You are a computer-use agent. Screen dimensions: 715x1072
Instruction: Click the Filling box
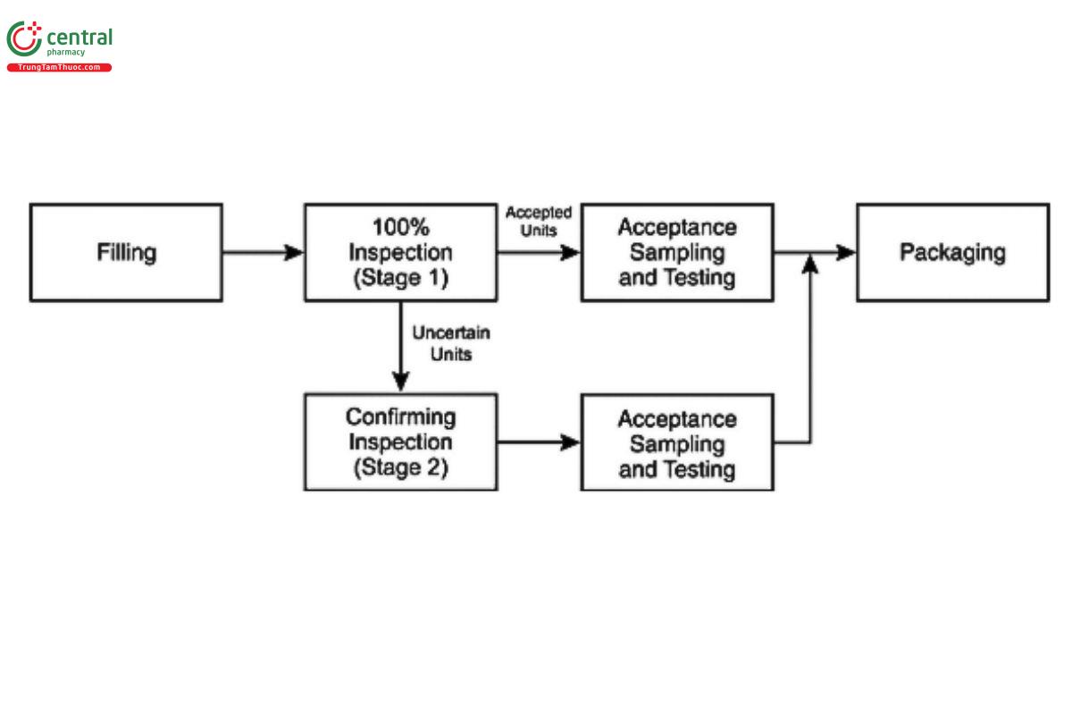click(126, 253)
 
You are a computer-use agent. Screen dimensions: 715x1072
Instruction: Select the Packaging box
click(952, 253)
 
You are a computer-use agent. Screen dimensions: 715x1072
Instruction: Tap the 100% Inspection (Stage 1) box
click(400, 253)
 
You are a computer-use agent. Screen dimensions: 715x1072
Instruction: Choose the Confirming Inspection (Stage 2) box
click(400, 442)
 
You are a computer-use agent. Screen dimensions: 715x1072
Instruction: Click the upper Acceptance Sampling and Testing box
click(676, 253)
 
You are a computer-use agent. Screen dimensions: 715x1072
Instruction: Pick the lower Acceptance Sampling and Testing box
click(676, 444)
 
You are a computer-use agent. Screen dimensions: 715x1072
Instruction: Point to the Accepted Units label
click(539, 221)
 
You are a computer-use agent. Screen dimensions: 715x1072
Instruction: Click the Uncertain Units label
click(450, 343)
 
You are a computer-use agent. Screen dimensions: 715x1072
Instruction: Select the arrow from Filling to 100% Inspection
click(263, 253)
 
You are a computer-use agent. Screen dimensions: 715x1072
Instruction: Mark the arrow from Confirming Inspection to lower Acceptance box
click(539, 442)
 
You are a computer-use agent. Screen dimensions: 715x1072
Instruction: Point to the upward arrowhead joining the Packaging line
click(809, 262)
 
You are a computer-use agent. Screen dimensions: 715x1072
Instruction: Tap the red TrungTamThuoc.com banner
click(59, 68)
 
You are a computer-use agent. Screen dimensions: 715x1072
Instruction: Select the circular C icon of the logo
click(23, 39)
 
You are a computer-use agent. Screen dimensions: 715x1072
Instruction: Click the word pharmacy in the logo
click(66, 53)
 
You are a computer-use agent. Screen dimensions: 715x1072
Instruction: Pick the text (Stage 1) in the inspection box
click(400, 278)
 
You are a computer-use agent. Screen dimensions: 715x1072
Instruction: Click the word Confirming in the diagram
click(400, 417)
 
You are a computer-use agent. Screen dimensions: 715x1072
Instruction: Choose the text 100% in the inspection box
click(400, 227)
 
